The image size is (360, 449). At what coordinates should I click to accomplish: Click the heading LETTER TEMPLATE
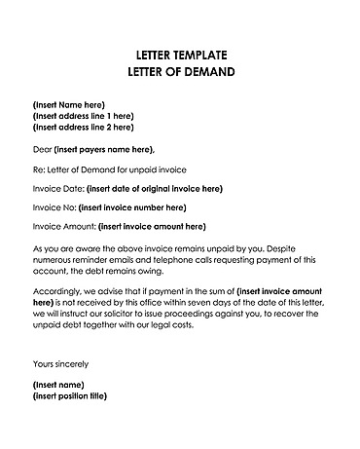pyautogui.click(x=181, y=54)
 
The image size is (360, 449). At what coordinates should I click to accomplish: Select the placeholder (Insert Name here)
pyautogui.click(x=69, y=104)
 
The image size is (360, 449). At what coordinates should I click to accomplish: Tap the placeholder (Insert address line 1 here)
pyautogui.click(x=83, y=115)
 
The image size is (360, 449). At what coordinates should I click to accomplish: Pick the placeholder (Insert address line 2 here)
pyautogui.click(x=83, y=126)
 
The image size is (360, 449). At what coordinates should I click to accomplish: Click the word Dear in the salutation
pyautogui.click(x=42, y=148)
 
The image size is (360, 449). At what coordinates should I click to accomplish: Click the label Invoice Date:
pyautogui.click(x=57, y=188)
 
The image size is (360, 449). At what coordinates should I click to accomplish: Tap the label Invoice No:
pyautogui.click(x=54, y=206)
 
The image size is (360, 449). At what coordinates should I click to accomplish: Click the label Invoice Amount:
pyautogui.click(x=63, y=226)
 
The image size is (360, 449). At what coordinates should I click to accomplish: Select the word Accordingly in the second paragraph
pyautogui.click(x=59, y=290)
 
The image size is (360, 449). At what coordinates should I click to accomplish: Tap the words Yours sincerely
pyautogui.click(x=60, y=363)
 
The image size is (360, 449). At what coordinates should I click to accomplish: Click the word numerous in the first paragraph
pyautogui.click(x=55, y=259)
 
